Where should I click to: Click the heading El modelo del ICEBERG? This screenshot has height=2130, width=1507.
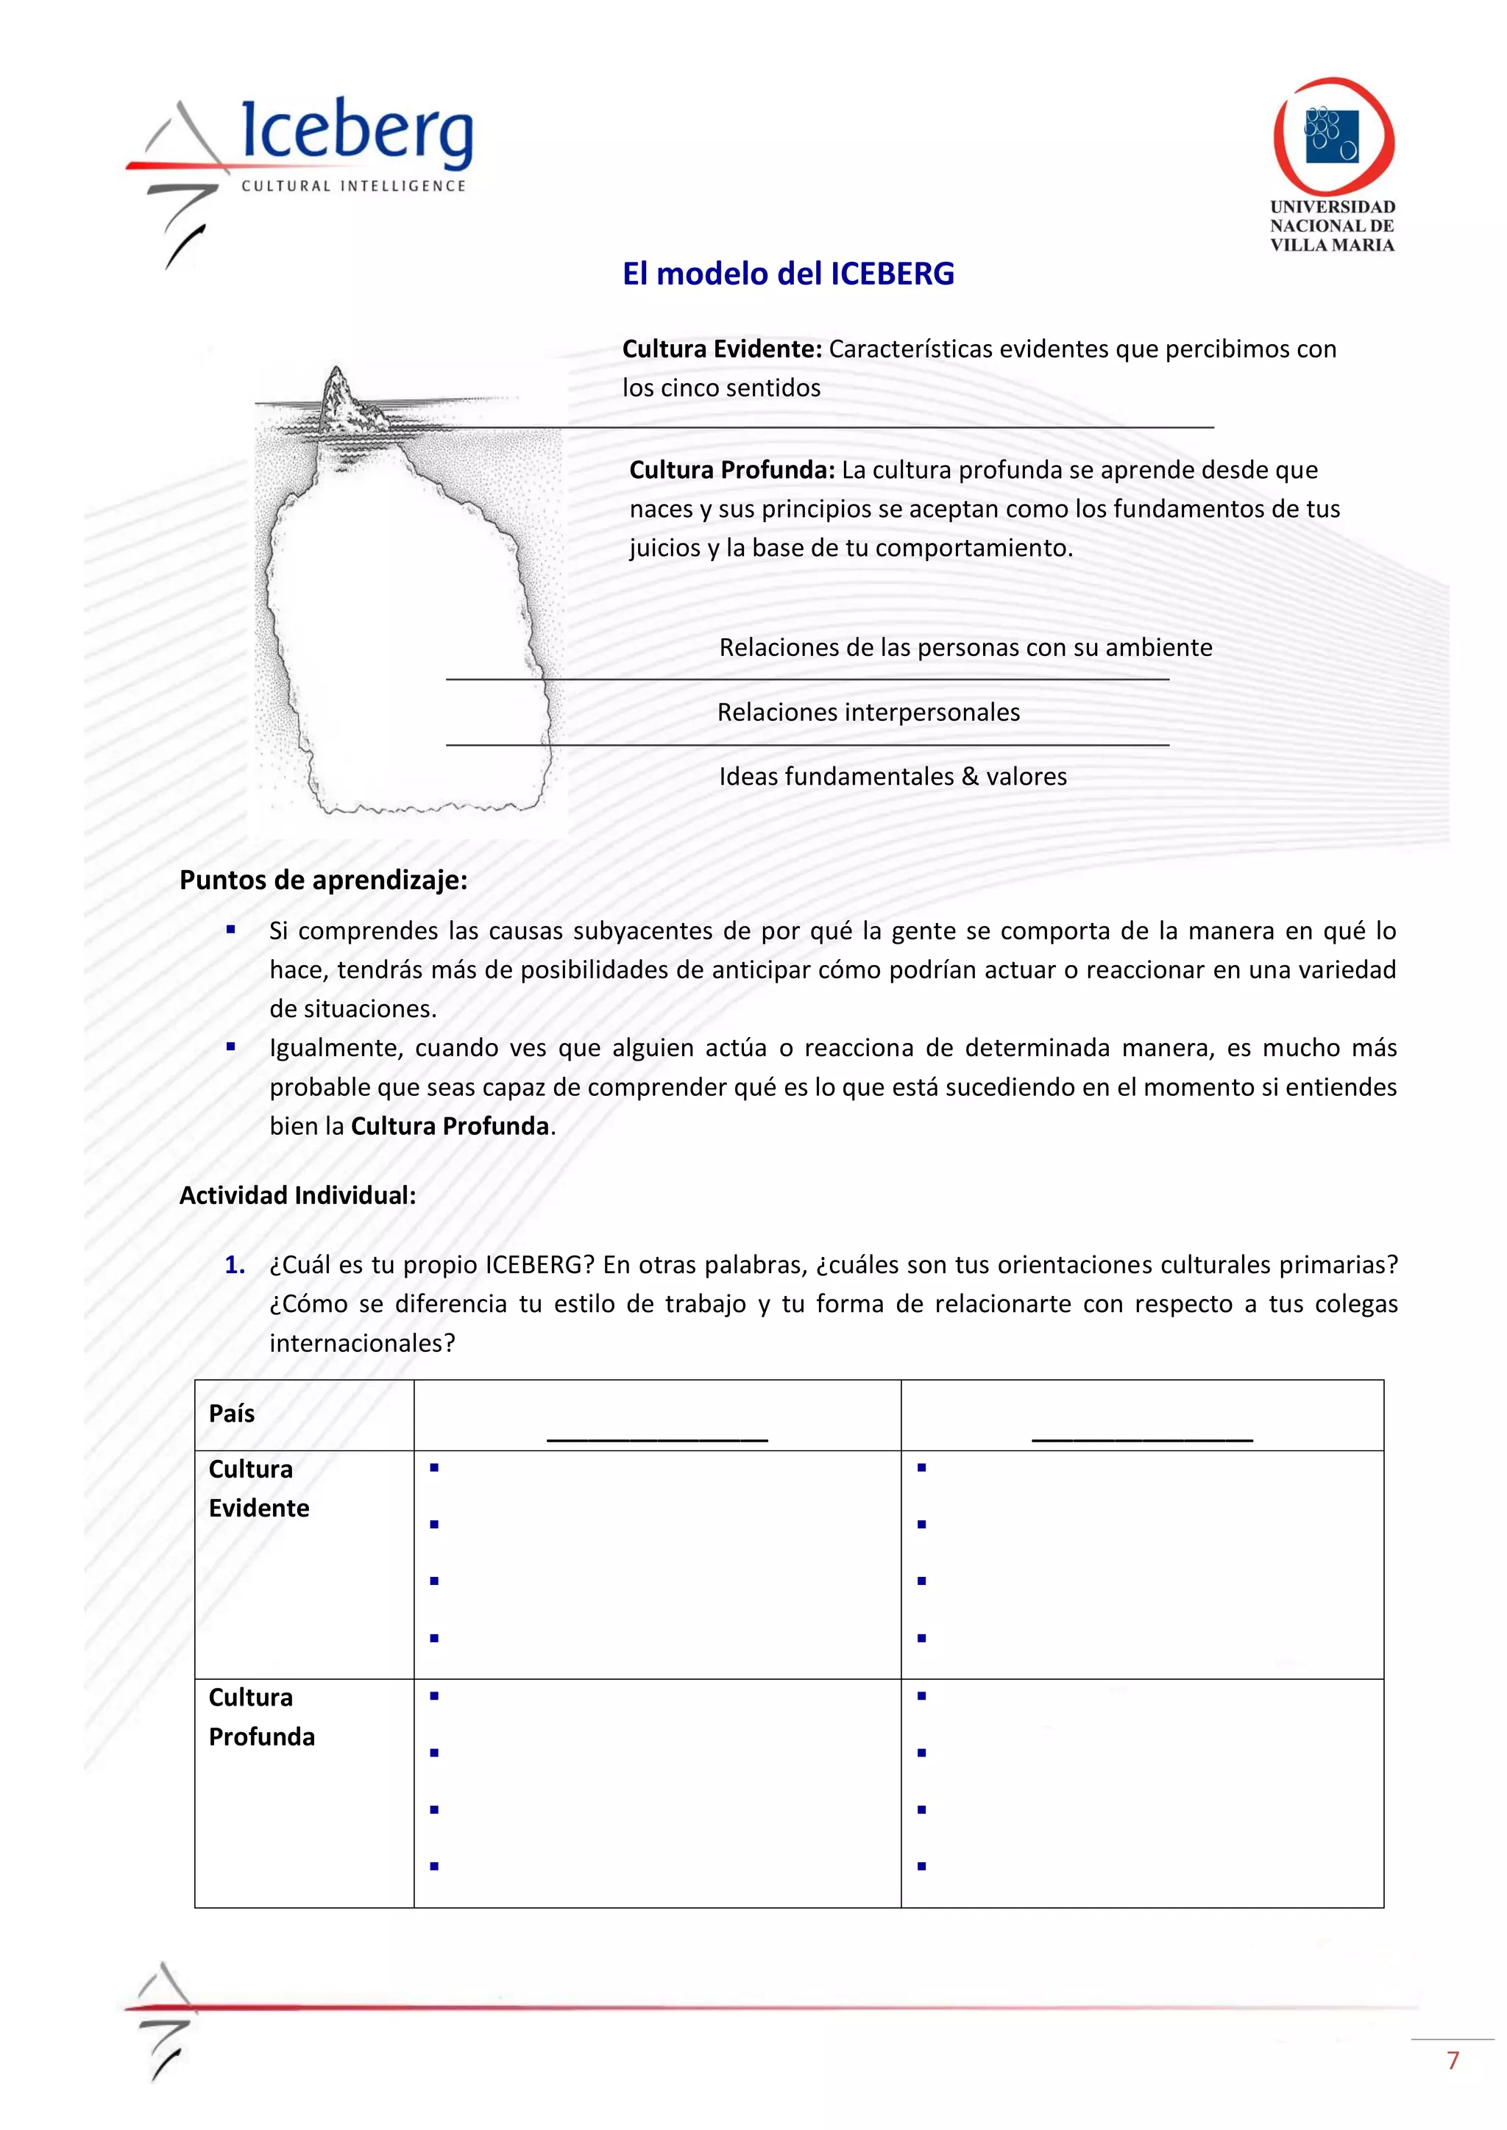pyautogui.click(x=788, y=274)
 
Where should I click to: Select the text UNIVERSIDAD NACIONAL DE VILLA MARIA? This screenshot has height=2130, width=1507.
pyautogui.click(x=1332, y=226)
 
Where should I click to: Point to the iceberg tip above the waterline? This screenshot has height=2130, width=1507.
pyautogui.click(x=338, y=395)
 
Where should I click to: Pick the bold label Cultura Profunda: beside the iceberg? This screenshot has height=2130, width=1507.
pyautogui.click(x=732, y=469)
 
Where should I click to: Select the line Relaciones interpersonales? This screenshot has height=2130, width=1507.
pyautogui.click(x=868, y=713)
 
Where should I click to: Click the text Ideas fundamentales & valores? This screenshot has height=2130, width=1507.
pyautogui.click(x=892, y=777)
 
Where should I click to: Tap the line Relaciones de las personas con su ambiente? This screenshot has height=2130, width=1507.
pyautogui.click(x=965, y=647)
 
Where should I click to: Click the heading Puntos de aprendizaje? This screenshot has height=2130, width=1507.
pyautogui.click(x=323, y=880)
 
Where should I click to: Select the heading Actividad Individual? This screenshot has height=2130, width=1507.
pyautogui.click(x=297, y=1195)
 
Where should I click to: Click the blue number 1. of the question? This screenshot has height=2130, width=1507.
pyautogui.click(x=235, y=1264)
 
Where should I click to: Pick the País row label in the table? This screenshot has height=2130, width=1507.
pyautogui.click(x=231, y=1413)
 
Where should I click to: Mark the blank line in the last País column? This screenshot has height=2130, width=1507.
pyautogui.click(x=1141, y=1438)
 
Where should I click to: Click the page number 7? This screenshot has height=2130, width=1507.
pyautogui.click(x=1453, y=2060)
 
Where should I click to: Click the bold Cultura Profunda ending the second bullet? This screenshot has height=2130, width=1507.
pyautogui.click(x=450, y=1126)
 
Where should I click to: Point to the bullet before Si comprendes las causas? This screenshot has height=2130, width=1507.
pyautogui.click(x=231, y=930)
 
